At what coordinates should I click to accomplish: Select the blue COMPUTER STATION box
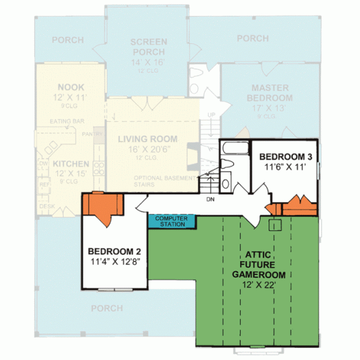coord(172,220)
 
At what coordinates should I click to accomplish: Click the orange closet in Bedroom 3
coord(297,206)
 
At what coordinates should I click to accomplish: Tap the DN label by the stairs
coord(210,199)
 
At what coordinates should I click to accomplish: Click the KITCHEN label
coord(70,163)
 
